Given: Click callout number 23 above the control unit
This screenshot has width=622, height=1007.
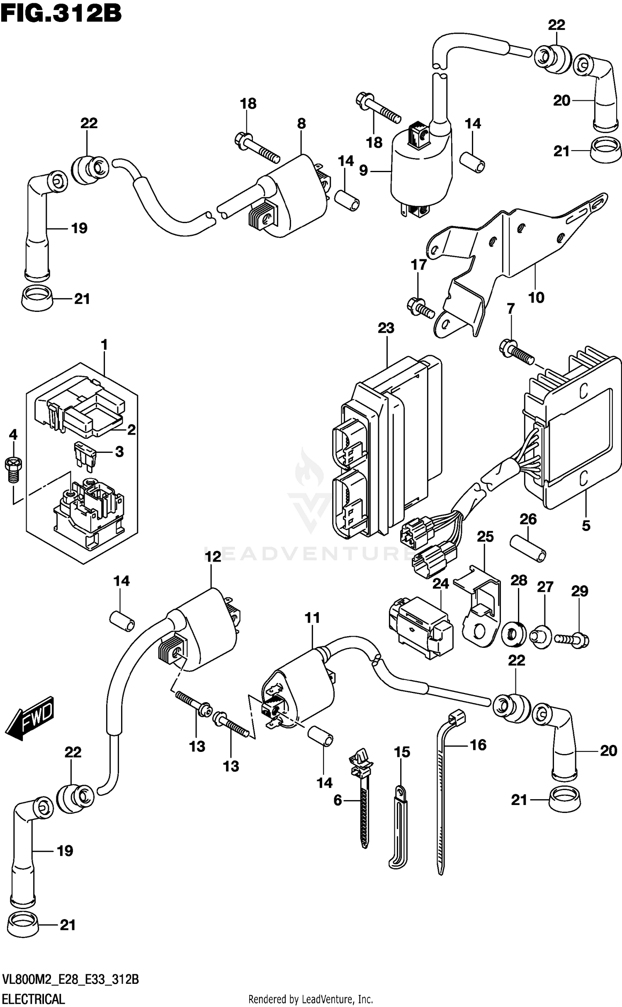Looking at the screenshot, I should (x=386, y=328).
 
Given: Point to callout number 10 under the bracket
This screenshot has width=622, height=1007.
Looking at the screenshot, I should (x=536, y=297).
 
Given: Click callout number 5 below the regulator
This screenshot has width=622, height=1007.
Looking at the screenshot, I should (x=586, y=526).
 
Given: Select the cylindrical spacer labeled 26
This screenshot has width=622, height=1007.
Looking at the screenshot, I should (x=528, y=548).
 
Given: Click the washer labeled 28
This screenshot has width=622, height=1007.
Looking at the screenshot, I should (x=515, y=634).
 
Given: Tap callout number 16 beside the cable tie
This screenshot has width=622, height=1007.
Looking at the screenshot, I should (x=478, y=745).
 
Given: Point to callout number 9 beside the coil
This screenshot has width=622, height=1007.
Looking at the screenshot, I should (x=364, y=170).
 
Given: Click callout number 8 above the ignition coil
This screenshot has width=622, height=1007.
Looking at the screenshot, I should (x=301, y=124).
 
